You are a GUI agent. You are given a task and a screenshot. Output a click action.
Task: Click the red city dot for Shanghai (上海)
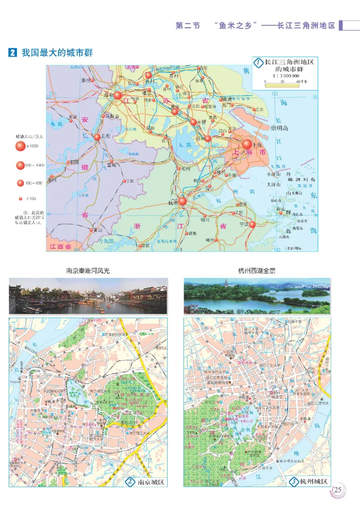(247, 144)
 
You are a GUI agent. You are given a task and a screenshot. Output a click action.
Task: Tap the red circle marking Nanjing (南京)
(117, 95)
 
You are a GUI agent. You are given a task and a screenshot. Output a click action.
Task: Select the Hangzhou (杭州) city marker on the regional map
(182, 201)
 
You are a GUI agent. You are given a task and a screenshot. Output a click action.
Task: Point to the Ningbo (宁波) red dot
(252, 224)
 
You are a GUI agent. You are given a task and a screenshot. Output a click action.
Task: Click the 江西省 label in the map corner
(61, 247)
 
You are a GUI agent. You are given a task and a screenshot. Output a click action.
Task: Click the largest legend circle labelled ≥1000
(20, 146)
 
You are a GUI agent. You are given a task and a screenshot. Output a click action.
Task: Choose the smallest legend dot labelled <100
(20, 198)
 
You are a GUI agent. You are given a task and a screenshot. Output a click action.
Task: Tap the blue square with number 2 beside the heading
(13, 53)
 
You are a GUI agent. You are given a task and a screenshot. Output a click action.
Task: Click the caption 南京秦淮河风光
(88, 271)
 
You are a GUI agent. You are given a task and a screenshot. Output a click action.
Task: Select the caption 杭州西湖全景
(257, 271)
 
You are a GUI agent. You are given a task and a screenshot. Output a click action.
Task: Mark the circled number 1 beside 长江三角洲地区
(258, 63)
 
